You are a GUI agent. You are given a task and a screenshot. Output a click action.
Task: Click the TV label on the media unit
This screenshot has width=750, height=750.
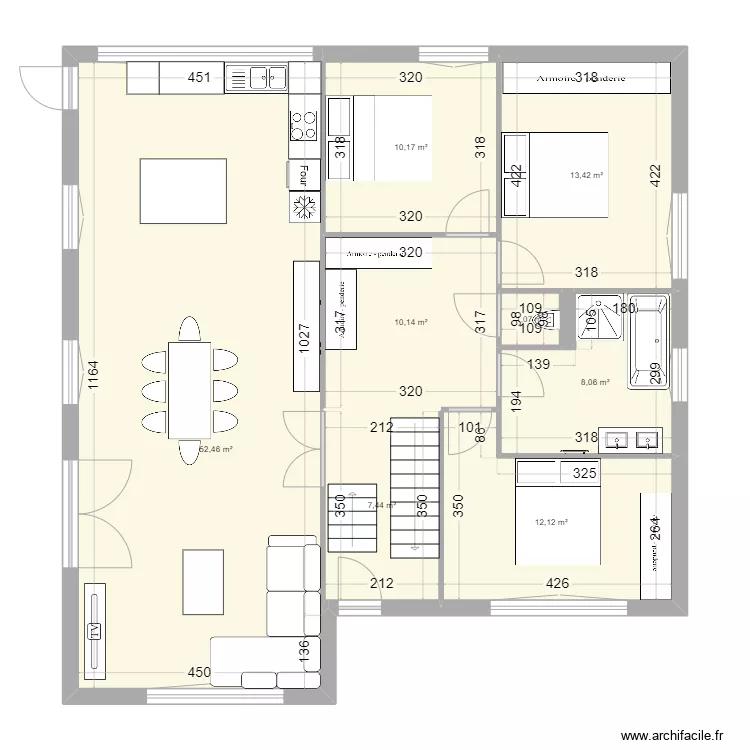pos(95,630)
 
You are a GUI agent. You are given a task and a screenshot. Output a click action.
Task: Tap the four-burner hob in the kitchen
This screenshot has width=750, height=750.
pos(304,125)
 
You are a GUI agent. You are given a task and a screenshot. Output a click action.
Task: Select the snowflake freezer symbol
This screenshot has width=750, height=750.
pos(304,206)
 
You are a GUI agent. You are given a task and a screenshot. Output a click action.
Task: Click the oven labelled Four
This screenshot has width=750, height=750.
pos(299,175)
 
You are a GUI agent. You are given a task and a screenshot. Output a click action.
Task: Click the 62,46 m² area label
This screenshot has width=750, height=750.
pos(216,449)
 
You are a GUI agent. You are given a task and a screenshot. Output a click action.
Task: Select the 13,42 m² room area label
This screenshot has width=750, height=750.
pos(587,175)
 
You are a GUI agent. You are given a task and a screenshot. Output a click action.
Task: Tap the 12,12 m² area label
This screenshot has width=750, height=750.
pos(551,521)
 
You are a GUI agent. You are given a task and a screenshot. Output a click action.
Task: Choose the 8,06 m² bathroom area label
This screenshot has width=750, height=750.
pos(595,381)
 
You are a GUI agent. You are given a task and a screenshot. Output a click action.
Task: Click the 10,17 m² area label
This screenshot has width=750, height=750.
pos(411,147)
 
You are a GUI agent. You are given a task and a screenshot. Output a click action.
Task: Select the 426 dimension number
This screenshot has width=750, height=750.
pos(557,584)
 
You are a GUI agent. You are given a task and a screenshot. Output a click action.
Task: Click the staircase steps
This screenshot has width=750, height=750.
pos(414,486)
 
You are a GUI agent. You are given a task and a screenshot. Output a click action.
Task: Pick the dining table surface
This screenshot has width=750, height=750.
pos(189,389)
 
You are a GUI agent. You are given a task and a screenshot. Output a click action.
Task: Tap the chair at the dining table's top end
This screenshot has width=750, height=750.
pos(188,328)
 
